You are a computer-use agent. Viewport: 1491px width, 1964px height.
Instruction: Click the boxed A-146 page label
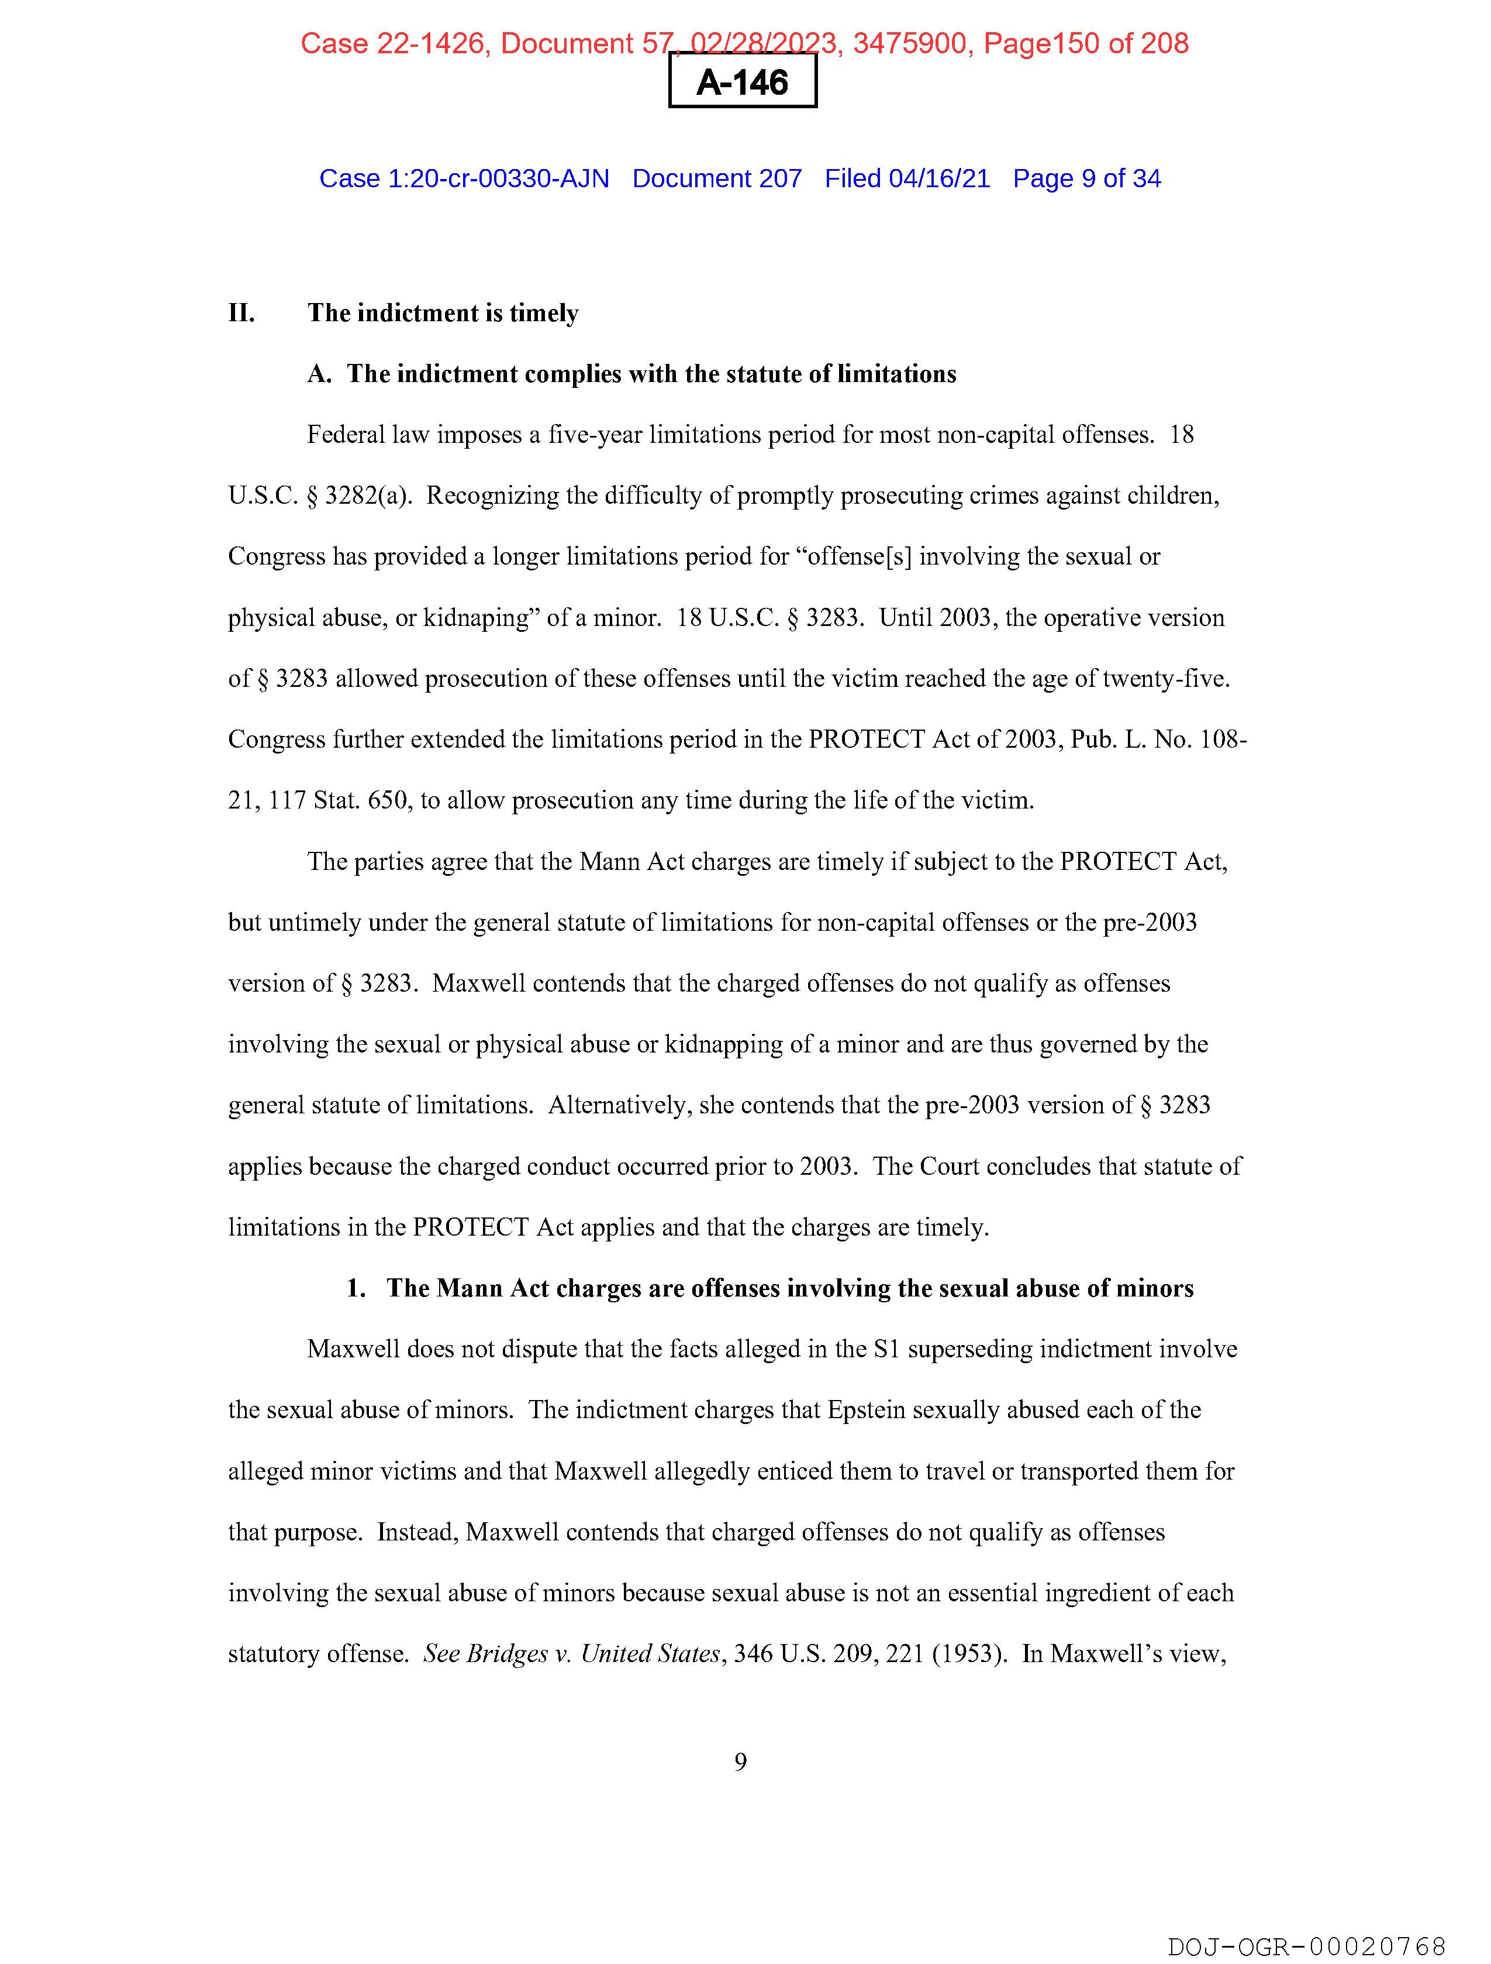pyautogui.click(x=742, y=82)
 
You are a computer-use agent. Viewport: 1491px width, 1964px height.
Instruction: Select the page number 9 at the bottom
pyautogui.click(x=741, y=1762)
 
